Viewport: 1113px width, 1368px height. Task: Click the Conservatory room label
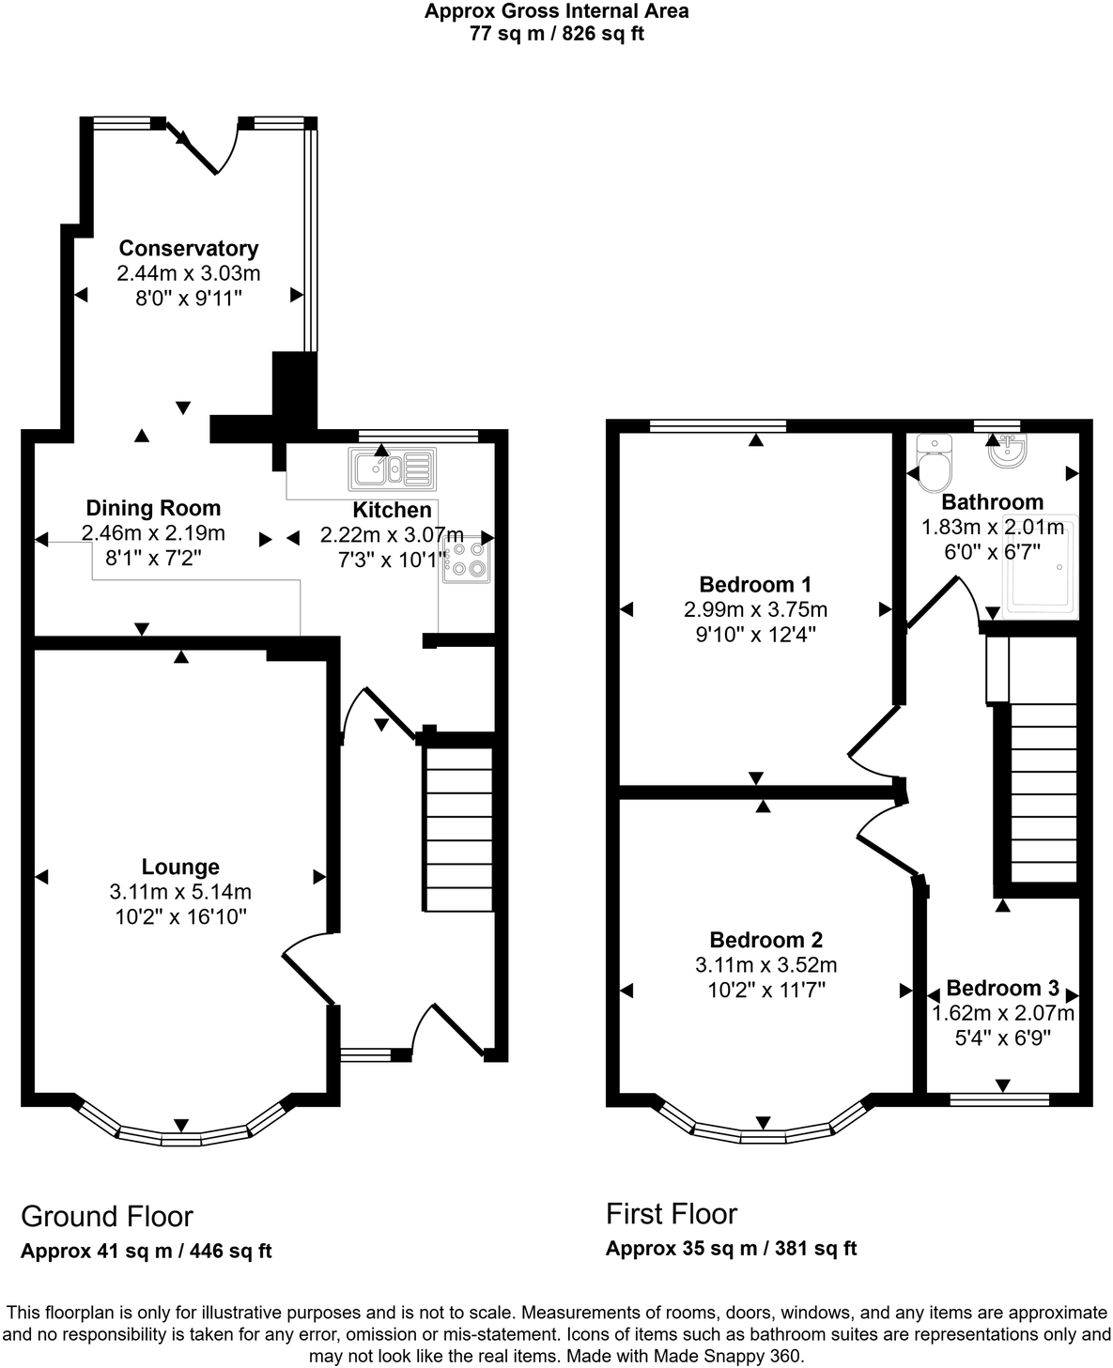tap(188, 249)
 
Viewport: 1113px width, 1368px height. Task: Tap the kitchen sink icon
tap(392, 469)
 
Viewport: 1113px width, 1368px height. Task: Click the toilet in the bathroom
tap(935, 465)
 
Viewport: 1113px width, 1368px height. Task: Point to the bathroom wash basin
tap(1007, 451)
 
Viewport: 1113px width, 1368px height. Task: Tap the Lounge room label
tap(180, 868)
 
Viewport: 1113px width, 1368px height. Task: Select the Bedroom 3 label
tap(1002, 988)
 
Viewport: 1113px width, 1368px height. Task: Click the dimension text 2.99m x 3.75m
tap(755, 609)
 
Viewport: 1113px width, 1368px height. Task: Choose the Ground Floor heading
tap(107, 1217)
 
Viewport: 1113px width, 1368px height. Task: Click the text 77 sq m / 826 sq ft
tap(556, 35)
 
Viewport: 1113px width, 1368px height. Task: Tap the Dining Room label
tap(153, 509)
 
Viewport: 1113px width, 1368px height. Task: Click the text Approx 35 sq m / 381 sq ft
tap(731, 1249)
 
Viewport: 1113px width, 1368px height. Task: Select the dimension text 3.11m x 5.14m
tap(180, 892)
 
